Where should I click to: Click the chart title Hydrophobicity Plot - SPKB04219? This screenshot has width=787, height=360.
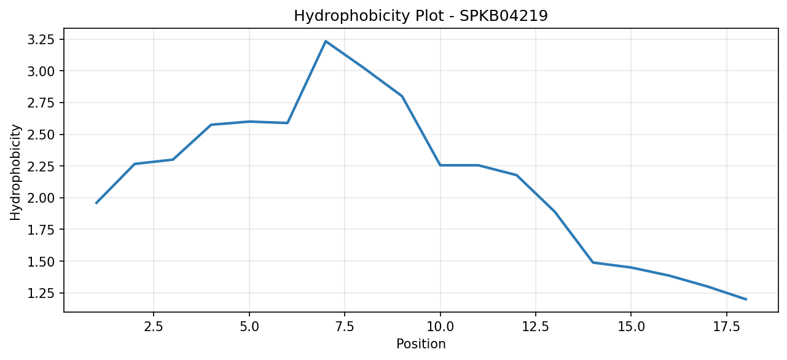421,16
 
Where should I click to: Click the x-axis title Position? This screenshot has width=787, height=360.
421,344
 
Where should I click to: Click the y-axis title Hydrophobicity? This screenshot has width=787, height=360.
15,173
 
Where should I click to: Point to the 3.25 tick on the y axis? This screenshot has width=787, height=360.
42,39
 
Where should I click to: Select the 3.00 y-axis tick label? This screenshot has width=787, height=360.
42,71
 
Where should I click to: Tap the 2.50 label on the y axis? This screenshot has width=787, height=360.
42,135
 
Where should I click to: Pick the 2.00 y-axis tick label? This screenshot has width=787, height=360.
42,198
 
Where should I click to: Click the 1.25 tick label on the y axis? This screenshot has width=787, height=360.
42,293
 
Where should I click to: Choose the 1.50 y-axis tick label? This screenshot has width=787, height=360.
42,261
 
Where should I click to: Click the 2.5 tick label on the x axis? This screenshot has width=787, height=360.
154,327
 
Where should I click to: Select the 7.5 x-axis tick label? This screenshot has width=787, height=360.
345,327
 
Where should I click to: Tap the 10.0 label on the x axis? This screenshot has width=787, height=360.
440,327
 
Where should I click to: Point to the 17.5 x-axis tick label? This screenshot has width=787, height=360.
726,327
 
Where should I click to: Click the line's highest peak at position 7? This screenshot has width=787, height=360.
326,41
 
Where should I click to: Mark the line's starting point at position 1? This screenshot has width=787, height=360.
96,203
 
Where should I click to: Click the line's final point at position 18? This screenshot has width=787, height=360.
746,299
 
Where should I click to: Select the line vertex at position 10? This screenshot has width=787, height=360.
440,165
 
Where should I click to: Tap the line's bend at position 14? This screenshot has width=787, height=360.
593,262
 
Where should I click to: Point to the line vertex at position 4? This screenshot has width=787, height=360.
211,125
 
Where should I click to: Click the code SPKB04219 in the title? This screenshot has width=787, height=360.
503,16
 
